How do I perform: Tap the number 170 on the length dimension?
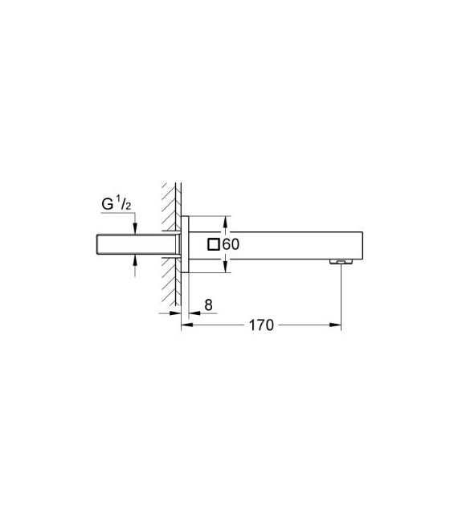point(261,325)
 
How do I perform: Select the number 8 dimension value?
point(209,304)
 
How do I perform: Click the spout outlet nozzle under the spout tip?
point(341,261)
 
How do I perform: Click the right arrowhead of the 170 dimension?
point(337,325)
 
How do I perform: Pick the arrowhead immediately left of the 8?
point(193,313)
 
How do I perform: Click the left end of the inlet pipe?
point(96,244)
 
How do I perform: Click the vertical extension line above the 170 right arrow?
point(341,293)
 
